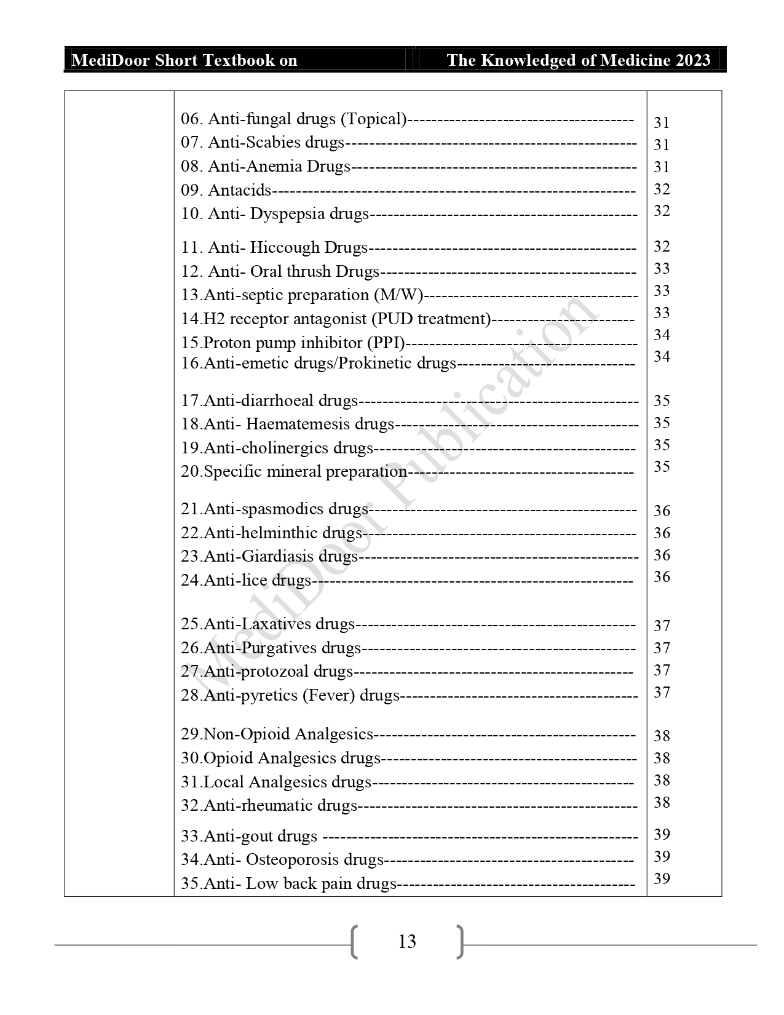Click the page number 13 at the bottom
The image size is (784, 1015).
407,942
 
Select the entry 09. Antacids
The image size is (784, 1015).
226,190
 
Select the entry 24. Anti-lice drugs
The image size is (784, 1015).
246,580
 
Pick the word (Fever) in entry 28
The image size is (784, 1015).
328,696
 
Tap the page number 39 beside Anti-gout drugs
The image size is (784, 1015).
662,835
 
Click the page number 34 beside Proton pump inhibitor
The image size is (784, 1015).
662,335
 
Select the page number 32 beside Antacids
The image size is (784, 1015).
662,189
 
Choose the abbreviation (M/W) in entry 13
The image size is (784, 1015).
398,295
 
